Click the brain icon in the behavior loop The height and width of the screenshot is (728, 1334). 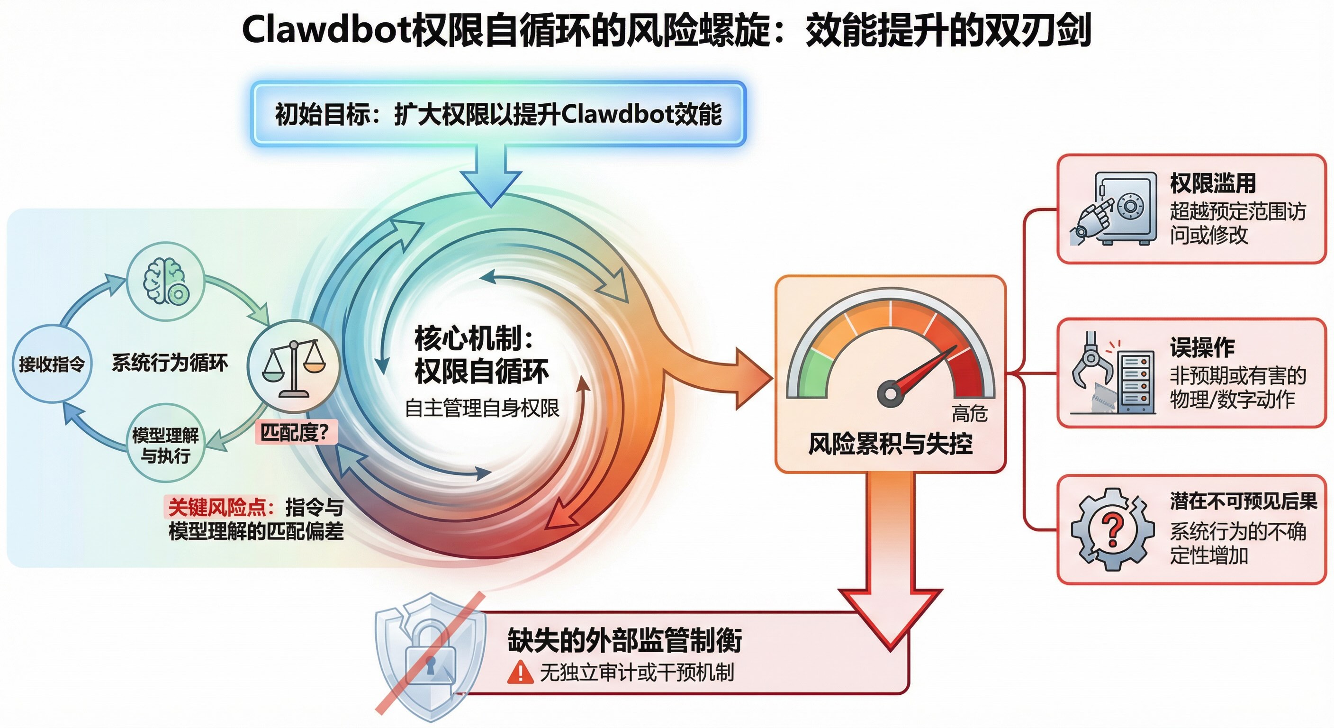pyautogui.click(x=166, y=282)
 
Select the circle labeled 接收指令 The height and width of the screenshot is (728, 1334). pyautogui.click(x=52, y=364)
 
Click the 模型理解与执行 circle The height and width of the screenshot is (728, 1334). pyautogui.click(x=166, y=445)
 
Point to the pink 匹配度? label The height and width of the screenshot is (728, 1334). pyautogui.click(x=295, y=432)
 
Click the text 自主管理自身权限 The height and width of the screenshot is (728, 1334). pyautogui.click(x=482, y=408)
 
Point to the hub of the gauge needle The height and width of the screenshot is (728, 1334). pyautogui.click(x=890, y=393)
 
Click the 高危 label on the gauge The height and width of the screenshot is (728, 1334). pyautogui.click(x=969, y=413)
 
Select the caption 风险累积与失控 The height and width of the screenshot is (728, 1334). pyautogui.click(x=890, y=444)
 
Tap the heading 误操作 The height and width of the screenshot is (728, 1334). pyautogui.click(x=1201, y=347)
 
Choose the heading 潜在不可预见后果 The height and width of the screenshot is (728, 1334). pyautogui.click(x=1243, y=501)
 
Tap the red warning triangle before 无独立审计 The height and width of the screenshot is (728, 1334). pyautogui.click(x=519, y=673)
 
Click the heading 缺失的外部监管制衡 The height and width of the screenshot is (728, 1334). pyautogui.click(x=624, y=640)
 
